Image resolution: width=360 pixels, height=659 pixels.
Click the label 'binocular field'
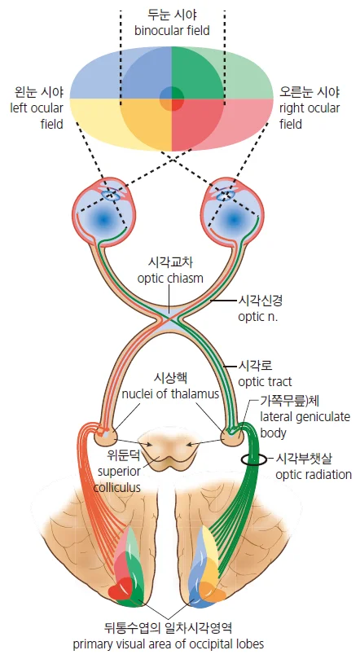[172, 31]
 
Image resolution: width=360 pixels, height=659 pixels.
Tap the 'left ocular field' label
[37, 116]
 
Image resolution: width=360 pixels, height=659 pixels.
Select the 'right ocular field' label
[310, 116]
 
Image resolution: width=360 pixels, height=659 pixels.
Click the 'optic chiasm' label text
[170, 279]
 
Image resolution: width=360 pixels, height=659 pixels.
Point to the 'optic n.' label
[258, 317]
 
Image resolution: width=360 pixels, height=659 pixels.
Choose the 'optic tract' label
[265, 382]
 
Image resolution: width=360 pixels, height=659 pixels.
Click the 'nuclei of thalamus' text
[170, 394]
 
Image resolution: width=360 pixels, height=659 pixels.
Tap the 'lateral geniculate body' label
[305, 425]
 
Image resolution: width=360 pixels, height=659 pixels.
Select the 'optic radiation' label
[314, 475]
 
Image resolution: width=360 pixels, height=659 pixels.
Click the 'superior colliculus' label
[118, 480]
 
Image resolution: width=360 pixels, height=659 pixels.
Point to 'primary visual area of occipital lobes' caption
[169, 644]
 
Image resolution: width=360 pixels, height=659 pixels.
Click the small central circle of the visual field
[171, 99]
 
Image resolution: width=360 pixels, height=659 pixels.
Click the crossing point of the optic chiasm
[169, 320]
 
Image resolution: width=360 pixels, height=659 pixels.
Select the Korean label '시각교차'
[170, 262]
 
